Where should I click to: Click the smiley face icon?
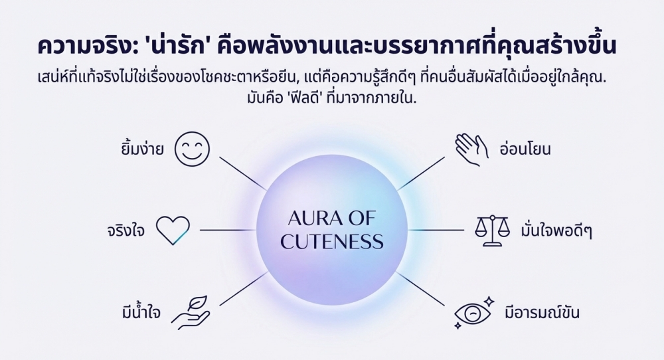click(192, 149)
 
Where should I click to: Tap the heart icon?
click(173, 229)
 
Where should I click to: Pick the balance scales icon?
click(492, 230)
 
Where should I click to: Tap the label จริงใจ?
click(125, 231)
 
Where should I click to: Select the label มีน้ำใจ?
click(135, 312)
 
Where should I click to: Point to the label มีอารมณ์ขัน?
click(548, 312)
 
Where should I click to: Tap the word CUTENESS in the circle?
click(332, 241)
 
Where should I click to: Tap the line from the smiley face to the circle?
click(242, 174)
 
